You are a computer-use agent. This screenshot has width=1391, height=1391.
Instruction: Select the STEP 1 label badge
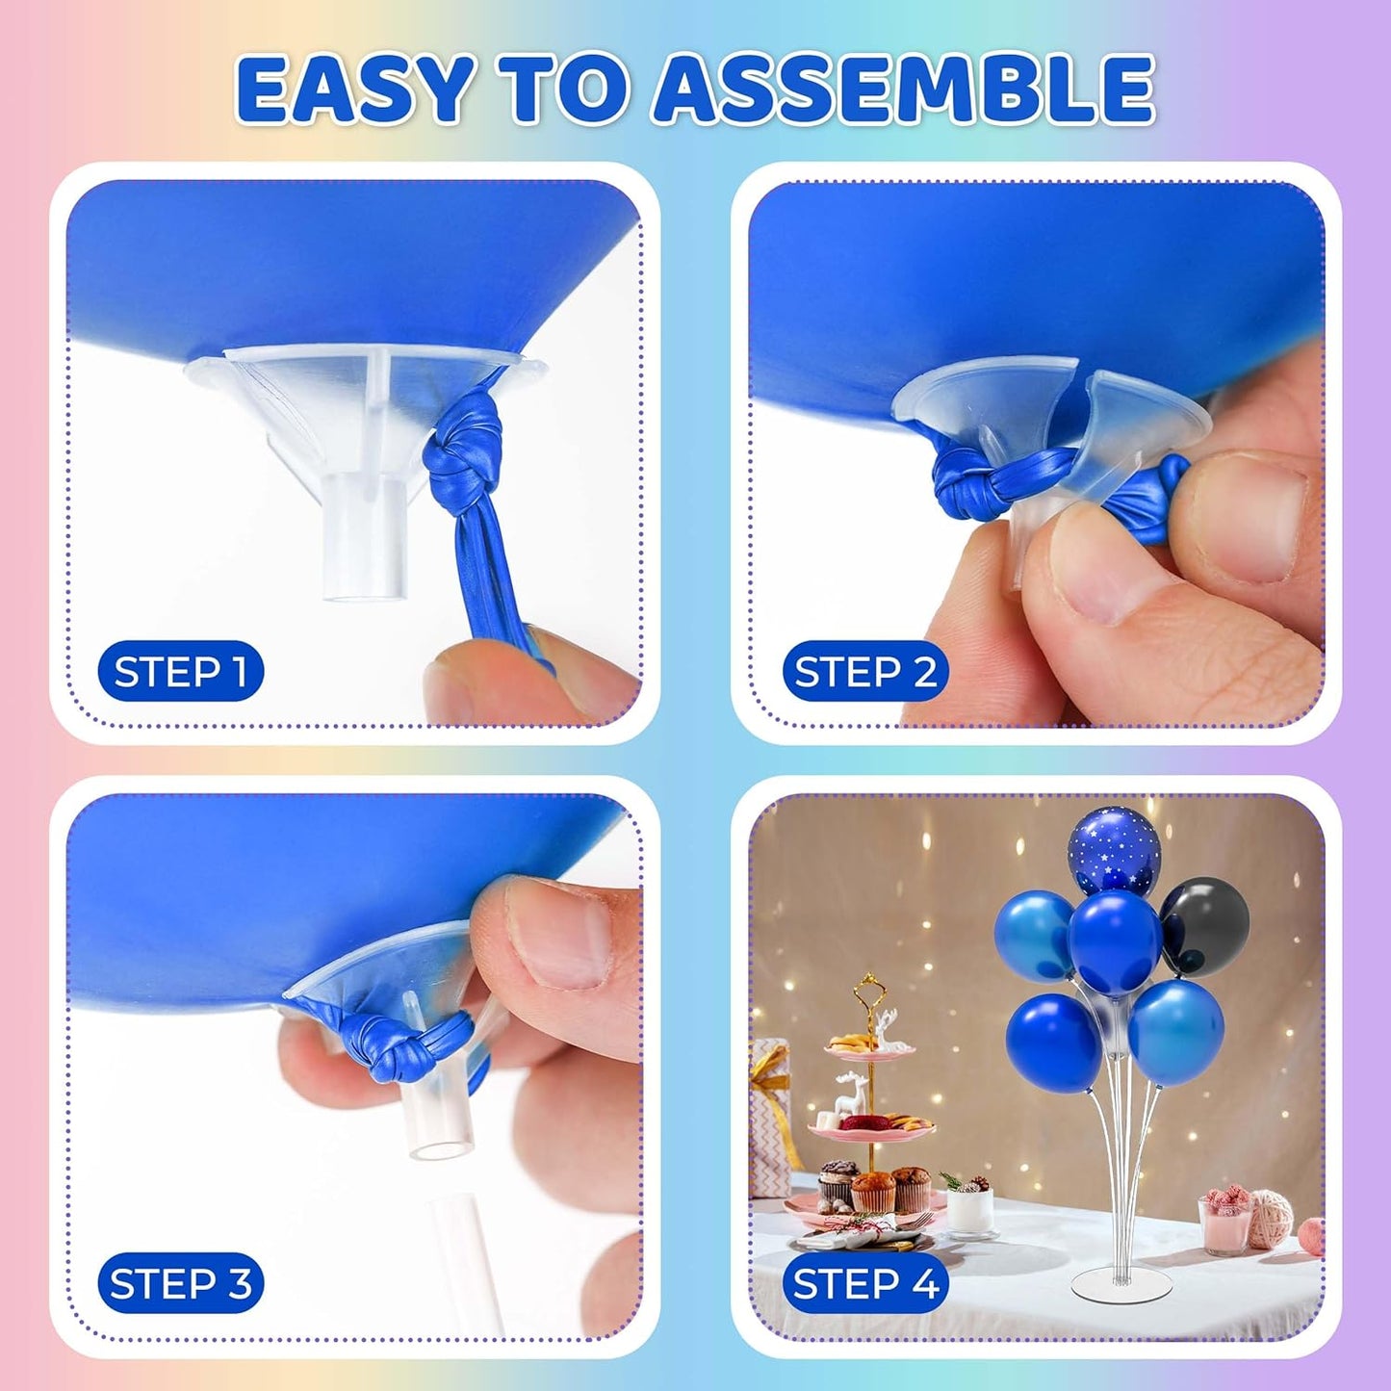[181, 671]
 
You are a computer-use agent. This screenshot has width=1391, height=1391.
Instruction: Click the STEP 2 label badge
[864, 671]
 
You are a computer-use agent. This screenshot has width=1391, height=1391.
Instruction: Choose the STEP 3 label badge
[181, 1283]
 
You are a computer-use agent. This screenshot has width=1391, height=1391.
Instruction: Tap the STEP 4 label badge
[864, 1283]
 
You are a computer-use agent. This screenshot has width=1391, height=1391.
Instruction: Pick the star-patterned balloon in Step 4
[1114, 849]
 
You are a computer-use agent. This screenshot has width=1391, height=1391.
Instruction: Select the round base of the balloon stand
[1121, 1282]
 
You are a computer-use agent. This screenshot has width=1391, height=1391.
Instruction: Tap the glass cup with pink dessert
[1225, 1221]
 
